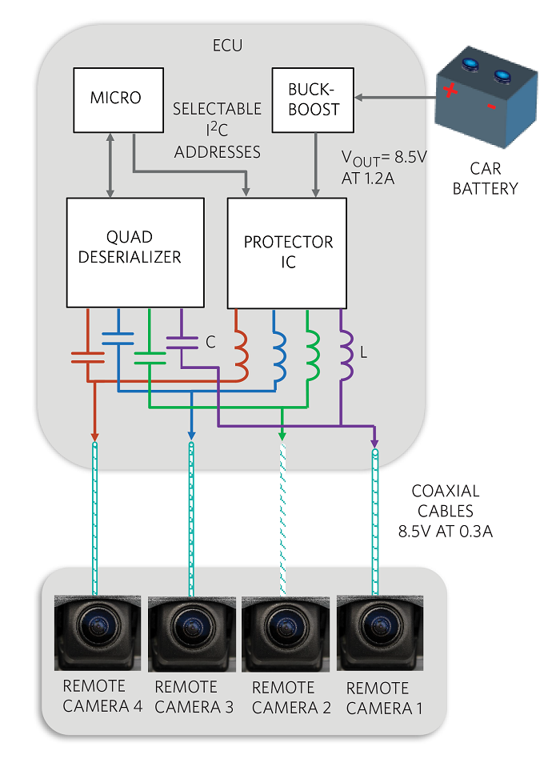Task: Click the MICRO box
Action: coord(115,98)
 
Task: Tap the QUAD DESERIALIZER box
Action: coord(134,247)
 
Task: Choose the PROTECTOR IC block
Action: coord(287,251)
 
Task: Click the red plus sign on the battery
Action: coord(451,91)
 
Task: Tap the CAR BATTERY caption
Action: coord(485,179)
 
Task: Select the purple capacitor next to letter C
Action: coord(182,342)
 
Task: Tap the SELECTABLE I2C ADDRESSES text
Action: coord(218,130)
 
